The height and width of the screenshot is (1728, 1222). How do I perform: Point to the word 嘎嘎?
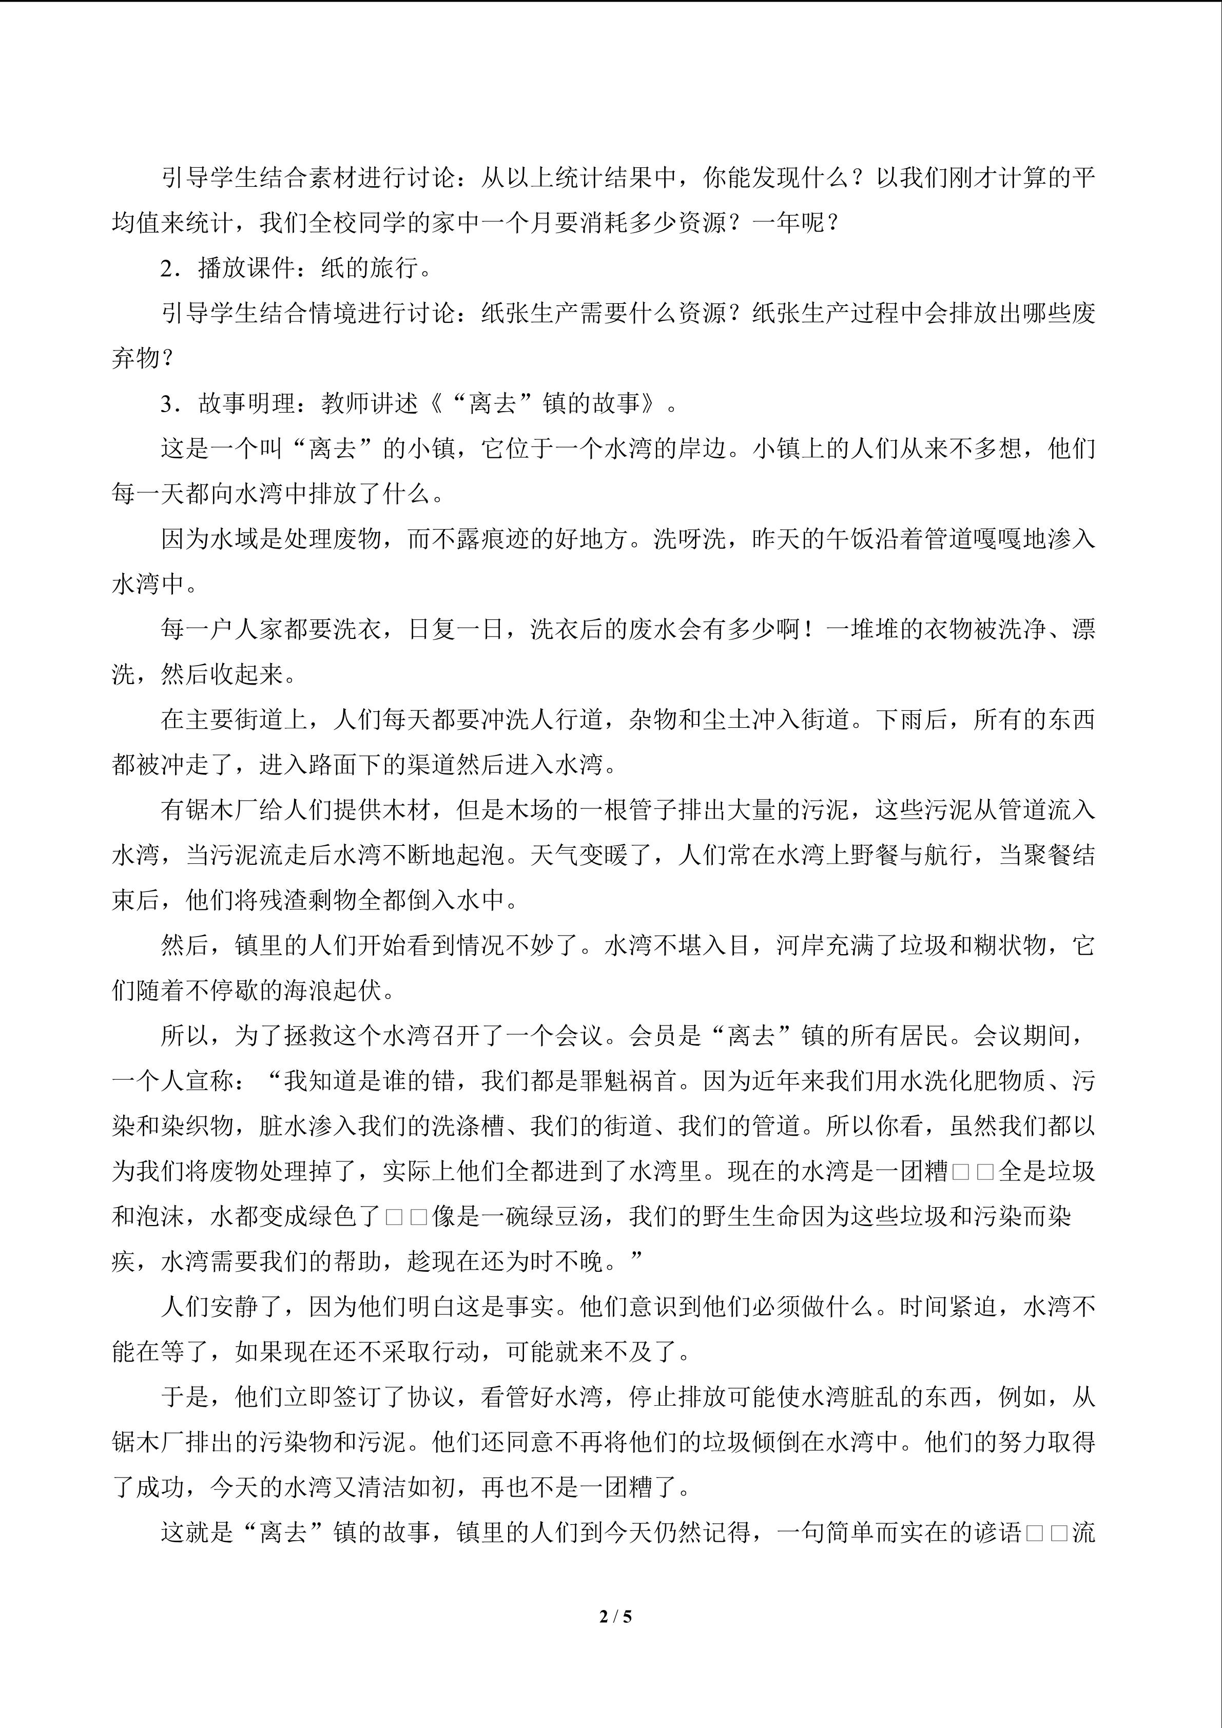tap(997, 539)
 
